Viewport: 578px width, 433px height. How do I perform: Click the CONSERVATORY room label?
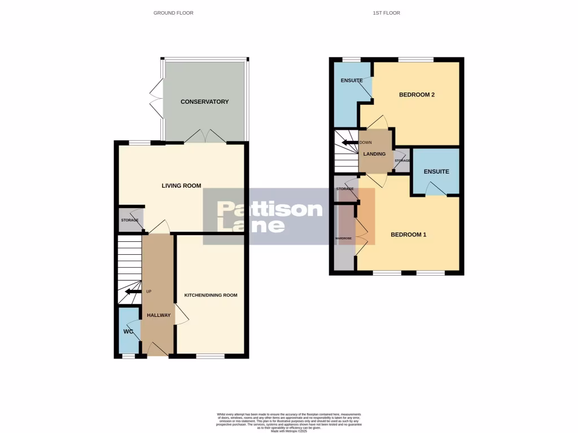click(204, 102)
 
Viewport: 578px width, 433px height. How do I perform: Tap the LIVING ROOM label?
click(181, 186)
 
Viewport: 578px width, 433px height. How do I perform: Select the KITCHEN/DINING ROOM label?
click(211, 295)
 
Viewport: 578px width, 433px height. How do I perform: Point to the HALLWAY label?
click(159, 315)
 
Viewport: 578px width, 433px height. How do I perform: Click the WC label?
click(128, 332)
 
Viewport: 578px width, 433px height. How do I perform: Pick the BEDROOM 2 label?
click(417, 95)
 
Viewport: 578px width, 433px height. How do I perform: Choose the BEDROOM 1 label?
click(409, 235)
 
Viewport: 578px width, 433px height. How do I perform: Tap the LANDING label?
click(375, 154)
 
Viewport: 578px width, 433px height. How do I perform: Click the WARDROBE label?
click(344, 238)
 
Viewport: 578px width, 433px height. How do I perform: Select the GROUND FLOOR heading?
click(173, 12)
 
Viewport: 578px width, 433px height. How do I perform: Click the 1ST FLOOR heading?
click(386, 12)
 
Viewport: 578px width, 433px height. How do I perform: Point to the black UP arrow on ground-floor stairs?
click(133, 291)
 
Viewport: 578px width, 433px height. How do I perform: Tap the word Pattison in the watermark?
click(270, 210)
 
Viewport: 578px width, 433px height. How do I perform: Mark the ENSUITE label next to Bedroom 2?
click(351, 81)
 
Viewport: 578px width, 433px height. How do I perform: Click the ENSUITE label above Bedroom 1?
click(437, 171)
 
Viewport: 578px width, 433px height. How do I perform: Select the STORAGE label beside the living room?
click(130, 220)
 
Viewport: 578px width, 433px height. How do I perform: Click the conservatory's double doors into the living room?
click(205, 137)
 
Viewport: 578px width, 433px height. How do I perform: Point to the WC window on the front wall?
click(129, 356)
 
